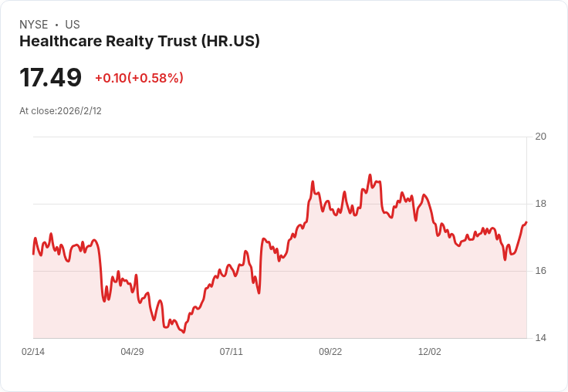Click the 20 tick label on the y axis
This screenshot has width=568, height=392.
[x=540, y=137]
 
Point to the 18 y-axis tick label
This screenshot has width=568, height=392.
[x=540, y=204]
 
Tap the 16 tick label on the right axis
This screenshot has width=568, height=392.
[x=540, y=271]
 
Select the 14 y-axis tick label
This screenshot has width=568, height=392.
[x=540, y=338]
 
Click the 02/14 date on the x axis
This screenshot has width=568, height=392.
[x=33, y=352]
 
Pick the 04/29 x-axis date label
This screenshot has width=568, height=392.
[x=132, y=352]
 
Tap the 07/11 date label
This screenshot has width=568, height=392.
[x=231, y=352]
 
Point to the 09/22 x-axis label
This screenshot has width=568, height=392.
[x=330, y=352]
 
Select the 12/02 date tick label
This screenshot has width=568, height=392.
[x=429, y=352]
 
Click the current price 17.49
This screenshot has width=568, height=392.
[x=50, y=78]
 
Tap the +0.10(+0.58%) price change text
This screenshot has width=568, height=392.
[x=139, y=78]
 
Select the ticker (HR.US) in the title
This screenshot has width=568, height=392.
[x=230, y=42]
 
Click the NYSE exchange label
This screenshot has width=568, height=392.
[x=33, y=25]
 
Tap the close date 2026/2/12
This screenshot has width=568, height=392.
[x=79, y=111]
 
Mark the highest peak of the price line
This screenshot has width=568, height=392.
[x=370, y=175]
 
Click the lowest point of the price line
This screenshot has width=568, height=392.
[x=184, y=333]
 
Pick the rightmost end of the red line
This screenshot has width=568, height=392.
[x=526, y=222]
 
